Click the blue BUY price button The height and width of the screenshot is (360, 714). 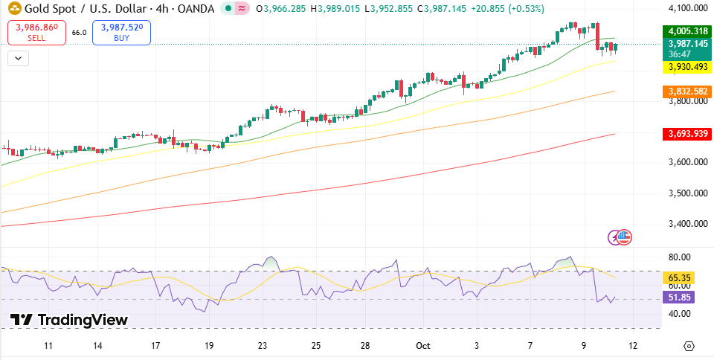(121, 32)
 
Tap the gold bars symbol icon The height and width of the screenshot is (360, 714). (13, 9)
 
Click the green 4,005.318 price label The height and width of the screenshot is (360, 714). (686, 31)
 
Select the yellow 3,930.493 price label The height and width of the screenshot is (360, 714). (686, 67)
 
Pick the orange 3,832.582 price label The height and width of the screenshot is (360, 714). (686, 91)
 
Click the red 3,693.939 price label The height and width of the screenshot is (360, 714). (686, 134)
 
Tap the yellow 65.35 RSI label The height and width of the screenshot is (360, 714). (680, 278)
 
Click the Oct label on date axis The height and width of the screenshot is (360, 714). (423, 346)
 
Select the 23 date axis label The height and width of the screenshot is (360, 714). (263, 346)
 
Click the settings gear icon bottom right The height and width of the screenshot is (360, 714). (689, 346)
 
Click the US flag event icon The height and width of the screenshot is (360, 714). (624, 237)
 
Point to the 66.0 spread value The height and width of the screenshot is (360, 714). (79, 33)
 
